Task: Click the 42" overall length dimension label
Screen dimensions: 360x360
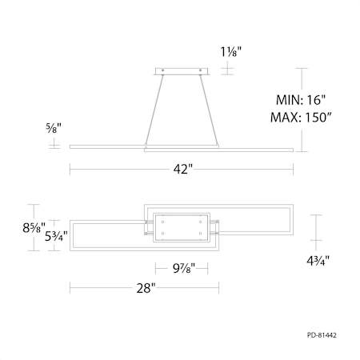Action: click(x=182, y=169)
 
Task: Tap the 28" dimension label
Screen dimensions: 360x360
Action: click(x=146, y=288)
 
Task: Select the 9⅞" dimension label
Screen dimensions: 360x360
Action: click(x=184, y=268)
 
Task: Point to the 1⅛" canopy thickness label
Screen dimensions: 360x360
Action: click(x=231, y=52)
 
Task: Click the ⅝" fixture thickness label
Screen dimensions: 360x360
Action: click(x=54, y=128)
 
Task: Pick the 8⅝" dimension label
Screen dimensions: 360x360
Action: click(x=34, y=227)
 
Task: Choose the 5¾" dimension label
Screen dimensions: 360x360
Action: click(x=56, y=236)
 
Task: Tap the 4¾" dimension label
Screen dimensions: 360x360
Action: click(x=318, y=261)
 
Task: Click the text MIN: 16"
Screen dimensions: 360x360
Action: click(x=301, y=100)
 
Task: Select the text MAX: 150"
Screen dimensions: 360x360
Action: click(x=301, y=117)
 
